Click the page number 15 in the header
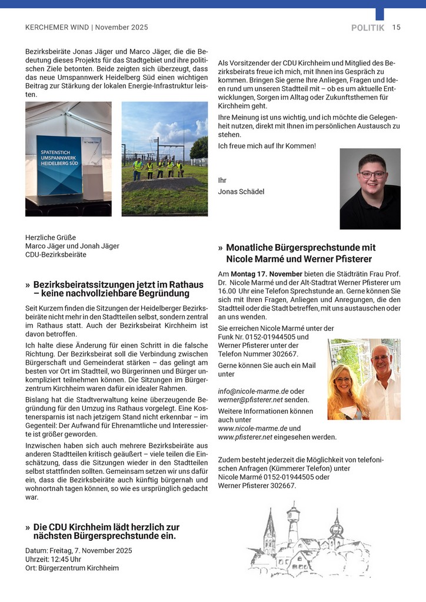pyautogui.click(x=397, y=27)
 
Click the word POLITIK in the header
pyautogui.click(x=368, y=28)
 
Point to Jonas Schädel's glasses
pyautogui.click(x=372, y=175)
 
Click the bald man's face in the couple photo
pyautogui.click(x=380, y=357)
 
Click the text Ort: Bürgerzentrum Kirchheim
pyautogui.click(x=72, y=568)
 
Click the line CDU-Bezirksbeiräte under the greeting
pyautogui.click(x=56, y=255)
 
